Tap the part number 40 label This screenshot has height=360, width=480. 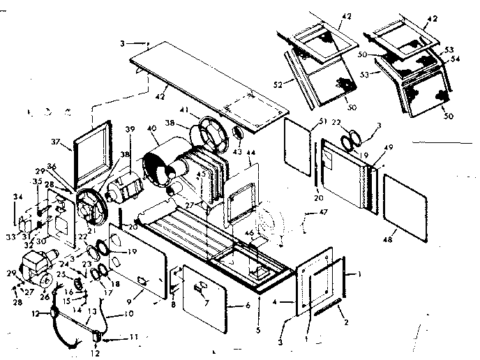point(153,129)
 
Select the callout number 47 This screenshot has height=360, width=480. point(323,211)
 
